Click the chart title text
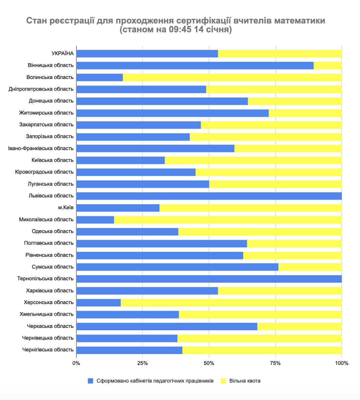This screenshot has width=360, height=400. [176, 25]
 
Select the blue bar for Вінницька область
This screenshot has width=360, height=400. [195, 65]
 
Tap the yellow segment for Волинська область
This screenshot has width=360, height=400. [232, 77]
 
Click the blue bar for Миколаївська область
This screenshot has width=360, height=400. [95, 220]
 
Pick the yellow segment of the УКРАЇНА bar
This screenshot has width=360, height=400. [280, 54]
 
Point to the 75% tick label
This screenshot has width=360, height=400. [275, 363]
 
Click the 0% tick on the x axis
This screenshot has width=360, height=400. [76, 363]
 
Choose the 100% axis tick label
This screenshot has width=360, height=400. [342, 363]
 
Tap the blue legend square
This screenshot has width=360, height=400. [90, 381]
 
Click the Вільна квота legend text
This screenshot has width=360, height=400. [245, 381]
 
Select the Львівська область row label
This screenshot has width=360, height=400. [51, 196]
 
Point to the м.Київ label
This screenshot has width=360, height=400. [66, 208]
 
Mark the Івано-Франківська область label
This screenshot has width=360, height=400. [41, 148]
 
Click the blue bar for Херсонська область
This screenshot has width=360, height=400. [98, 302]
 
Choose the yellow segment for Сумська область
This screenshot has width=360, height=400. [310, 267]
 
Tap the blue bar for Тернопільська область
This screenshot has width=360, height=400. [209, 279]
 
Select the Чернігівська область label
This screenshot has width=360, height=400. [48, 350]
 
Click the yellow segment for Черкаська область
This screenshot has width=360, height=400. [299, 326]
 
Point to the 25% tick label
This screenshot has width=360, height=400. [142, 363]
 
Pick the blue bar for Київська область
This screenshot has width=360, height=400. [121, 160]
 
